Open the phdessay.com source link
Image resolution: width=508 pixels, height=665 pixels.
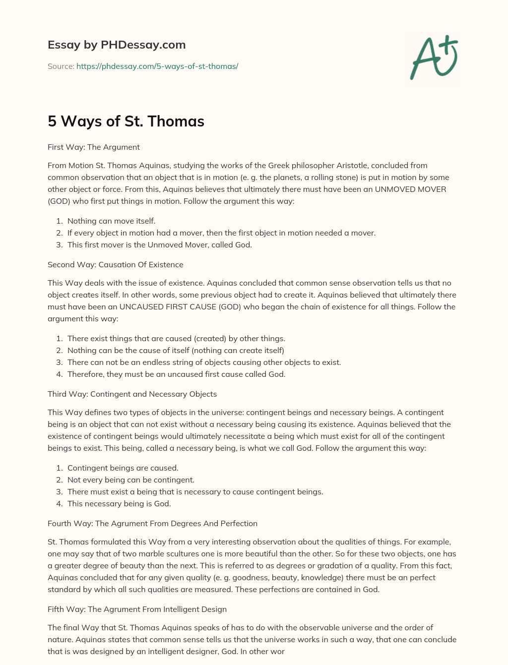(x=157, y=66)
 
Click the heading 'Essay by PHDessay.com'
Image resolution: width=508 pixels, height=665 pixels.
(x=117, y=45)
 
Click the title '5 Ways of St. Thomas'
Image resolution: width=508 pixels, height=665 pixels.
(x=126, y=121)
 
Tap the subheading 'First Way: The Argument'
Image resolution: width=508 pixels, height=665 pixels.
(x=94, y=147)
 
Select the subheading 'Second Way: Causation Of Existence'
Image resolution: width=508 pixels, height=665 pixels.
(x=116, y=264)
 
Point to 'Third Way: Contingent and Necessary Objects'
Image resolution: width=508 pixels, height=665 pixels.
(x=132, y=394)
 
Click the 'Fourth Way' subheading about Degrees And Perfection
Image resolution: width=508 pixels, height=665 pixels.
(x=152, y=523)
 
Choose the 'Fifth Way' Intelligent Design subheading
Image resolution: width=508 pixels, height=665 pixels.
(x=137, y=609)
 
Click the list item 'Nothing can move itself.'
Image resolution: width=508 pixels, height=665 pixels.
(x=111, y=221)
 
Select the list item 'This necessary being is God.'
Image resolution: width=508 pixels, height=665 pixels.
(x=119, y=503)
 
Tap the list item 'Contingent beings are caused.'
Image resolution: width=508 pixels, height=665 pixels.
(x=123, y=468)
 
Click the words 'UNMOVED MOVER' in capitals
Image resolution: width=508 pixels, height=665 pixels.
(x=410, y=189)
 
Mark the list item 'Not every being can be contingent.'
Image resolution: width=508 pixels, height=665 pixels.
(x=131, y=480)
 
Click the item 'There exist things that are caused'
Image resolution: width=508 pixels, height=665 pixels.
(x=176, y=338)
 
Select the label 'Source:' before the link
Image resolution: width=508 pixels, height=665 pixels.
(x=61, y=66)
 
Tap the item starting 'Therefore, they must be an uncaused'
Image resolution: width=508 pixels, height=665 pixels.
(x=176, y=374)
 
